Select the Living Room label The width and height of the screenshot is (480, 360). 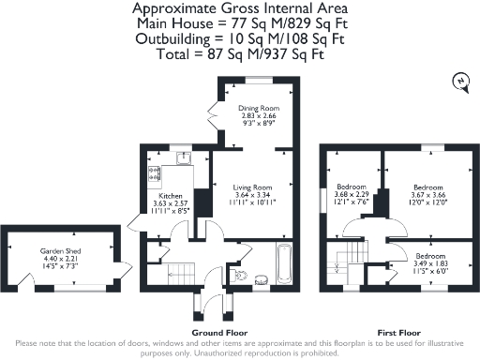tap(253, 187)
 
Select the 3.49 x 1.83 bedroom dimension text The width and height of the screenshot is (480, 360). tap(431, 263)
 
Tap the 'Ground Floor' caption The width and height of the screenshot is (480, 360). tap(220, 332)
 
